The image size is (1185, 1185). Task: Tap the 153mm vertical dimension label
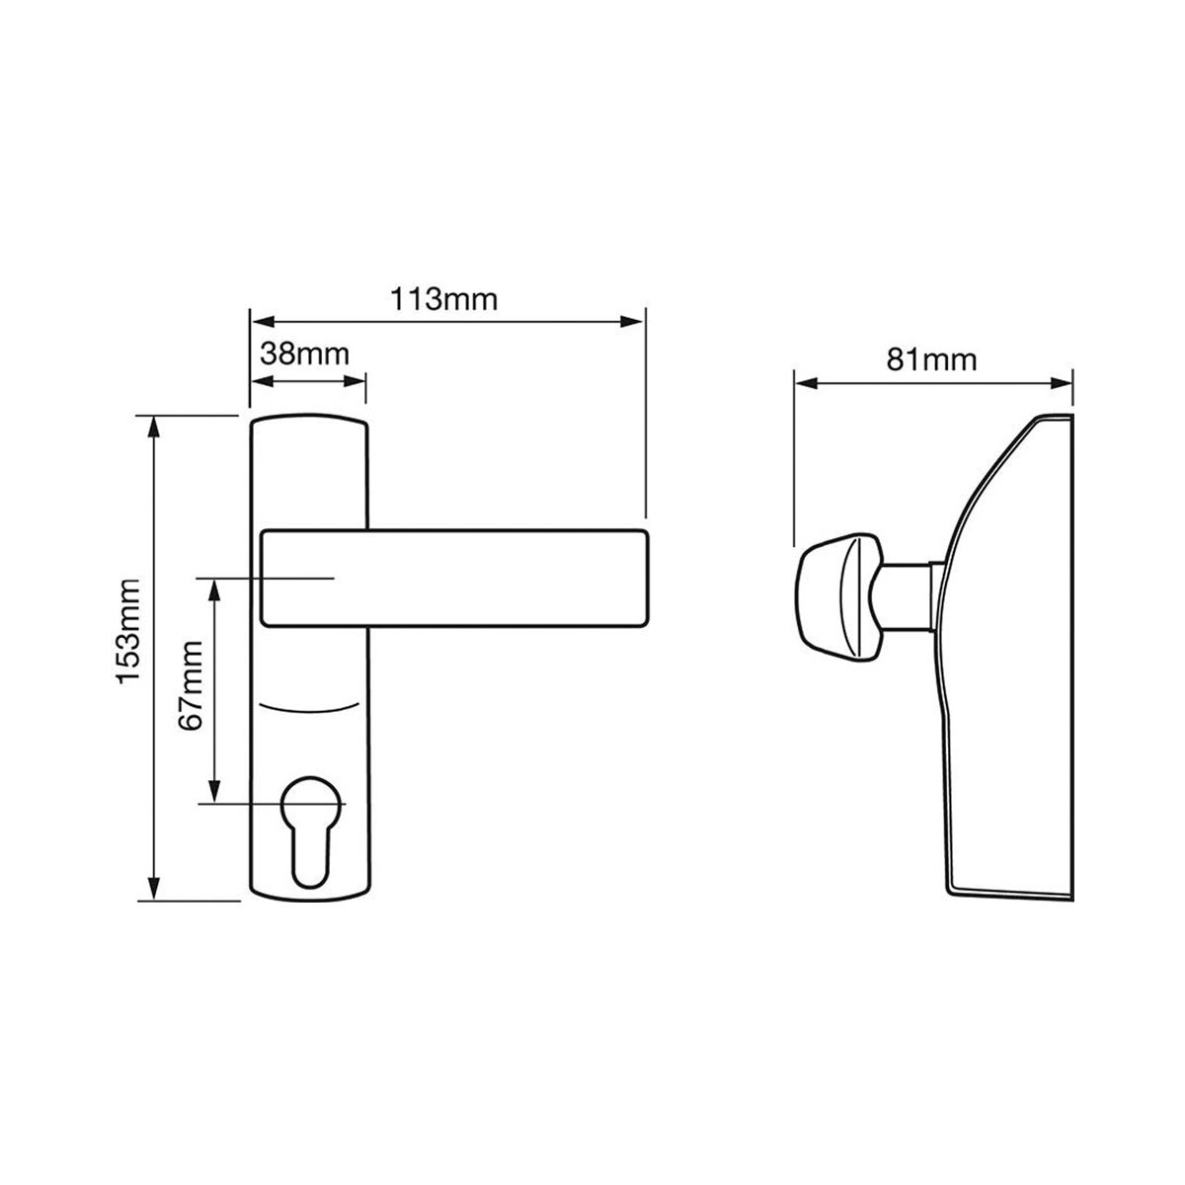(x=130, y=632)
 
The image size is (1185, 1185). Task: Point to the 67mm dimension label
(x=192, y=685)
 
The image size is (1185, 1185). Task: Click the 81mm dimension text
(x=931, y=358)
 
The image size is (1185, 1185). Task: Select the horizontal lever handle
(x=454, y=578)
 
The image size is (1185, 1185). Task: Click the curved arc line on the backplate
(x=309, y=709)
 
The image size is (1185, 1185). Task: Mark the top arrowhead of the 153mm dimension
(x=153, y=425)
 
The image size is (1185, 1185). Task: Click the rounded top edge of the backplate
(x=309, y=420)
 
